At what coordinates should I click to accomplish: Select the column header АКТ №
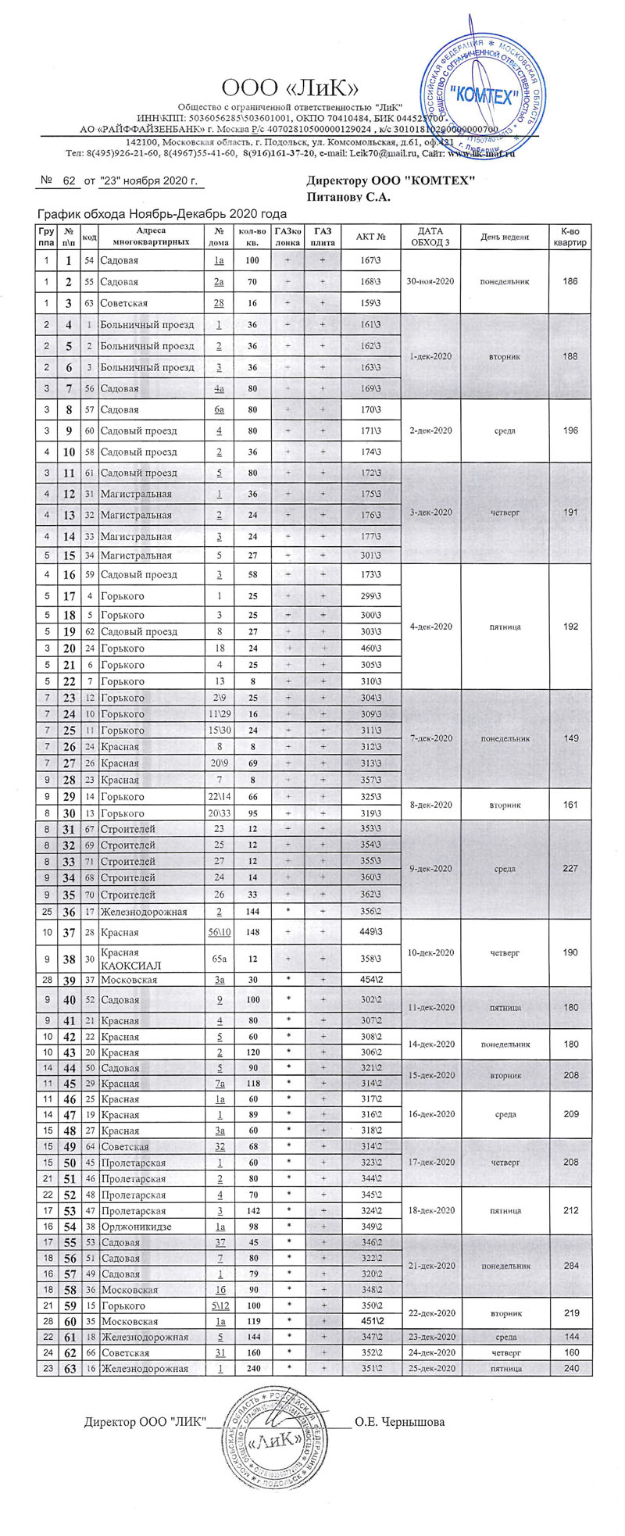pos(371,237)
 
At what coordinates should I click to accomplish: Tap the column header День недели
pos(505,237)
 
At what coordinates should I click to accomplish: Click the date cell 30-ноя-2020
pos(430,281)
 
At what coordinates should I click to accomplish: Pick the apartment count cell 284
pos(570,1266)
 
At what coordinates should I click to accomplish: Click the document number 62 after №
pos(69,181)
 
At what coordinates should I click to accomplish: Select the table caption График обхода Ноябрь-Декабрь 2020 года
pos(162,214)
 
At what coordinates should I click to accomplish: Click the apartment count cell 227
pos(570,869)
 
